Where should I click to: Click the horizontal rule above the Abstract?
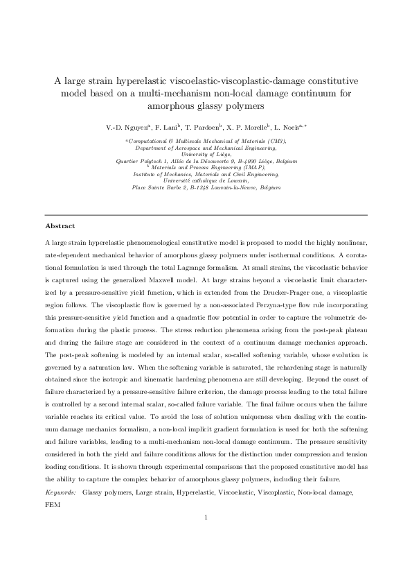[206, 214]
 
